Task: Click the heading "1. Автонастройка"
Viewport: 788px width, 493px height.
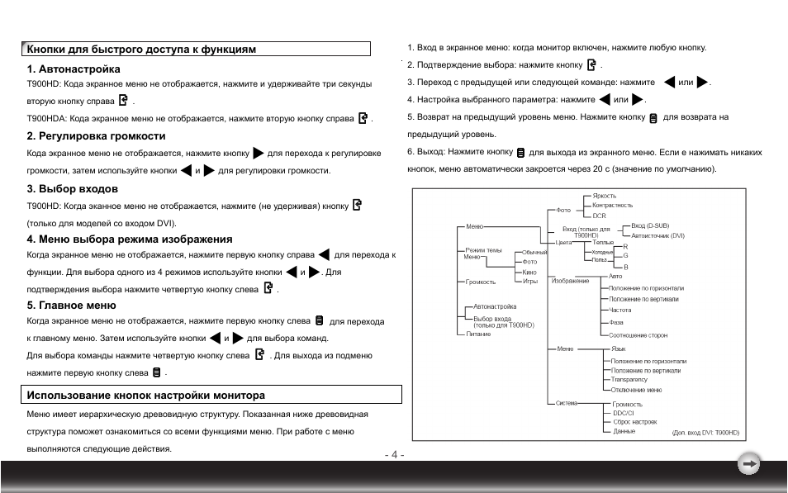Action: (74, 69)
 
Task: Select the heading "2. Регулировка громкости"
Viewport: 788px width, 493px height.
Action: (96, 136)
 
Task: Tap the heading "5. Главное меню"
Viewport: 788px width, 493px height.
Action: (71, 306)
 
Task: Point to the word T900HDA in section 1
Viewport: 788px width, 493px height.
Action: (46, 119)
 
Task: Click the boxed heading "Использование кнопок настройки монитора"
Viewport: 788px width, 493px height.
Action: (146, 396)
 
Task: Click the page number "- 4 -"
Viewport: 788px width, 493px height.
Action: (394, 454)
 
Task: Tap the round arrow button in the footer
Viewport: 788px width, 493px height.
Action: (748, 465)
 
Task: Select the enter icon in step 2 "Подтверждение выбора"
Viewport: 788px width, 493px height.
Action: (591, 64)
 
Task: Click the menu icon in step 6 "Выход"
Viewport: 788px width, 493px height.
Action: (521, 153)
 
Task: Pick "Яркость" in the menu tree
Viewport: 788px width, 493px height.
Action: (605, 196)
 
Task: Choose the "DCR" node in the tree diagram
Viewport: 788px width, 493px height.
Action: (599, 216)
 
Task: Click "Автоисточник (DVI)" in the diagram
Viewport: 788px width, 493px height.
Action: (658, 235)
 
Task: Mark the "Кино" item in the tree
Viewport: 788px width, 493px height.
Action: (529, 272)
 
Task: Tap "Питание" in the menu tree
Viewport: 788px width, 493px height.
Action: (478, 334)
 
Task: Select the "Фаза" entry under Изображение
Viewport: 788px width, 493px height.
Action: (615, 323)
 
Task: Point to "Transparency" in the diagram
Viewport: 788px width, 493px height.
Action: (629, 380)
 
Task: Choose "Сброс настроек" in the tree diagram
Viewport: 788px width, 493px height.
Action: (634, 422)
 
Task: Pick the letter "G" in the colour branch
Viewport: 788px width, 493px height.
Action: (625, 256)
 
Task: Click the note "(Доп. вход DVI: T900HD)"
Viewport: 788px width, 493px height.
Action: (705, 432)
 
